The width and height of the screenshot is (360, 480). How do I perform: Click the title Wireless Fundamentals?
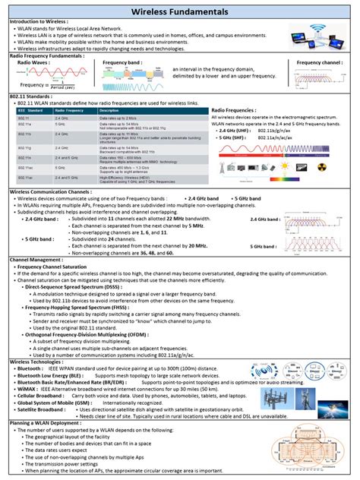coord(180,13)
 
